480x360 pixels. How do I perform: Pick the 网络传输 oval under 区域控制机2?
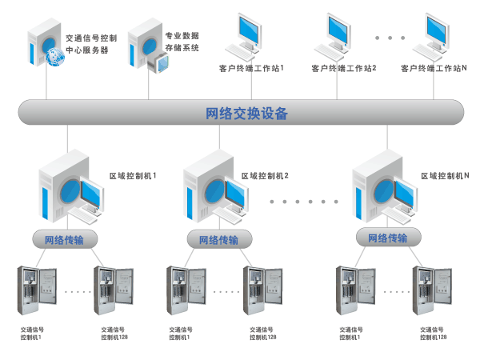point(218,240)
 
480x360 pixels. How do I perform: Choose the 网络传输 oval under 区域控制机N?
point(387,238)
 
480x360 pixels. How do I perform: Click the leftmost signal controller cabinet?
point(36,292)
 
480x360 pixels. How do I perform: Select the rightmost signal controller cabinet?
point(432,292)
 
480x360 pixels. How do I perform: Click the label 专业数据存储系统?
point(182,42)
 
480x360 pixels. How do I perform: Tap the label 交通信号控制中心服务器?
point(91,43)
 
